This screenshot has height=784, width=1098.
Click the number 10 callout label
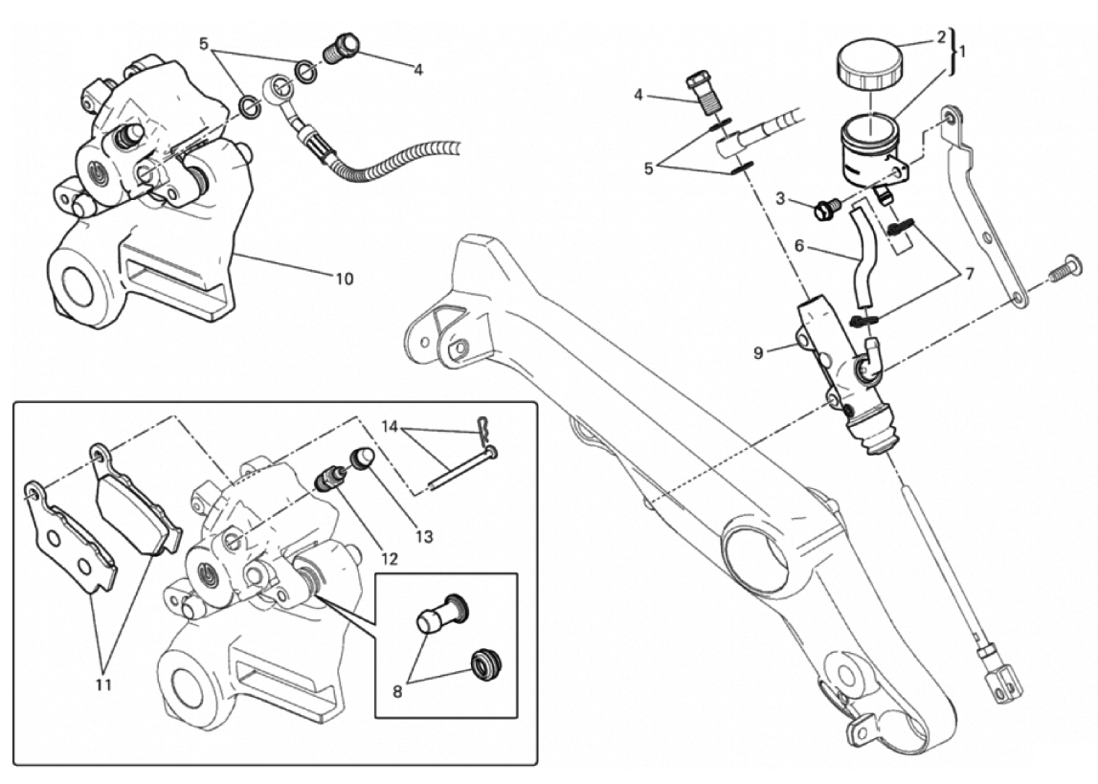click(x=343, y=279)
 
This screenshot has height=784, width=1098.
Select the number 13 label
click(x=422, y=536)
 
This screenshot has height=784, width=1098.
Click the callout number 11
click(x=103, y=684)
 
